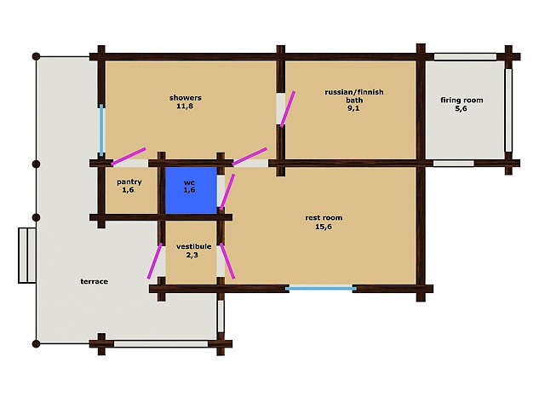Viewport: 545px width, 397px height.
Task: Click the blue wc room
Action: [191, 190]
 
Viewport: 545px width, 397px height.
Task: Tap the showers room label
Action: [186, 98]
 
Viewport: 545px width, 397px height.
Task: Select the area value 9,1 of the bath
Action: [353, 108]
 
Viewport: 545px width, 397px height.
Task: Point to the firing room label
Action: [462, 101]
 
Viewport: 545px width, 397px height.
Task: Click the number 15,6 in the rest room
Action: [324, 227]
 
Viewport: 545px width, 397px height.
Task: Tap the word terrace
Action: [95, 282]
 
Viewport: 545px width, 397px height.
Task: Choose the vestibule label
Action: [193, 246]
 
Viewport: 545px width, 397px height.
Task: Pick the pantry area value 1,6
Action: [128, 190]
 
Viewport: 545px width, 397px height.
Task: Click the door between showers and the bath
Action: [288, 109]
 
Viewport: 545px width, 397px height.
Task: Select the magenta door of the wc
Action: [227, 192]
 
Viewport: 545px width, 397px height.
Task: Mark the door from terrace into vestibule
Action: [155, 261]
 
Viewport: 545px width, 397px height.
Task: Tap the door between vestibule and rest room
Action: [227, 261]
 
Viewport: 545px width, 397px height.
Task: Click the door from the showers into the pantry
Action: [129, 157]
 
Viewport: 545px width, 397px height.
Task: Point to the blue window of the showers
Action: [101, 130]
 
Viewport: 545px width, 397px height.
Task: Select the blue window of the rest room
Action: [321, 288]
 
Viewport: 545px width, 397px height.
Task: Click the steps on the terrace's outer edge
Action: [27, 256]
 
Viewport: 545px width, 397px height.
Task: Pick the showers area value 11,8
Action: [185, 106]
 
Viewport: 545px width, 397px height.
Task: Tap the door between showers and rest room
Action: [250, 157]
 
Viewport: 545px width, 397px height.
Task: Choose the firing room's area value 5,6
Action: [461, 108]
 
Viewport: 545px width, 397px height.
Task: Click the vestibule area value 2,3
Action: [192, 256]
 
